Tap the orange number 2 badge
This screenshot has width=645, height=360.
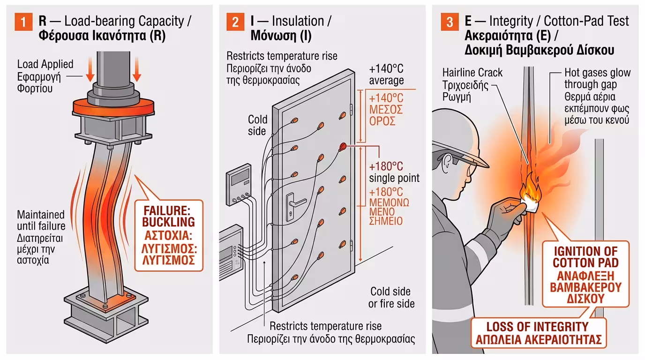[234, 22]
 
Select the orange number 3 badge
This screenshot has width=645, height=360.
[449, 22]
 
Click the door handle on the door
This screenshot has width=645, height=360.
[292, 202]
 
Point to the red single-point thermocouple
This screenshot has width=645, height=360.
[343, 147]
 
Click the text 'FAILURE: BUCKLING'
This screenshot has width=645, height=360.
[169, 215]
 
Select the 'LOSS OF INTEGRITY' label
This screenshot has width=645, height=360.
[537, 327]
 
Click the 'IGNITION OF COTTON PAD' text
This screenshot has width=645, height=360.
[585, 257]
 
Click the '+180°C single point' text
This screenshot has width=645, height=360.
[394, 172]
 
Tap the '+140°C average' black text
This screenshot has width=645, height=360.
[386, 74]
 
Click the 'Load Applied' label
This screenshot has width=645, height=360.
[45, 64]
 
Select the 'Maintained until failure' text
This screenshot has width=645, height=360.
[41, 221]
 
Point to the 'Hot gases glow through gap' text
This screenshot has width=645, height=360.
[597, 79]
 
